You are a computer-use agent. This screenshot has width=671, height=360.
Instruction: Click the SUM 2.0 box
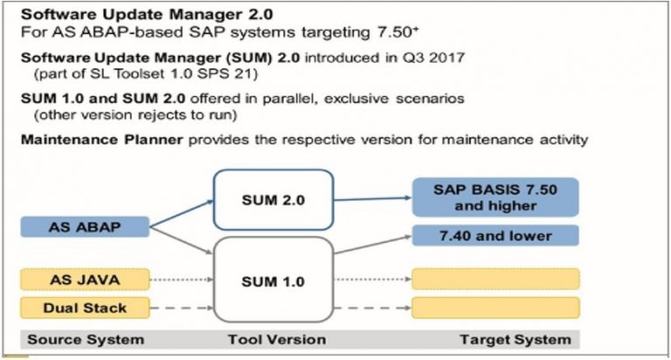(273, 201)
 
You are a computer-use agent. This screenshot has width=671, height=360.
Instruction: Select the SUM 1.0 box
(273, 282)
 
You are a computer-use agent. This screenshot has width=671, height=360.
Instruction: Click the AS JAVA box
(82, 280)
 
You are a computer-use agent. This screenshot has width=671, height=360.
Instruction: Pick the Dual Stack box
(82, 308)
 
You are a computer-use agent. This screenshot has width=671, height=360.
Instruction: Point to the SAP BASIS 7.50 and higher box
(495, 198)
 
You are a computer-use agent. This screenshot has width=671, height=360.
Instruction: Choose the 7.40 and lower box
(495, 236)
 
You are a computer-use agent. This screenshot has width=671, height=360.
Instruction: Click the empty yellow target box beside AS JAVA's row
(495, 280)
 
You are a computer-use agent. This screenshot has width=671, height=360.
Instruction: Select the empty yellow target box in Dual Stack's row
(495, 308)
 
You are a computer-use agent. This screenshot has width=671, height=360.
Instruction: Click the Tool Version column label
(273, 339)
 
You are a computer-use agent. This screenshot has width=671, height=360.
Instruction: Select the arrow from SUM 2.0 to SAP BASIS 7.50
(371, 199)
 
